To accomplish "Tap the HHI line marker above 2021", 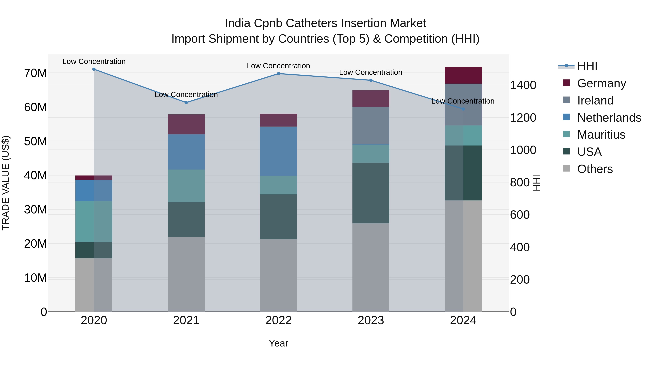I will point(186,102).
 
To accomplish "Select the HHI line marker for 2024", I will point(463,109).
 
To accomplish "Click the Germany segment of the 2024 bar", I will point(463,75).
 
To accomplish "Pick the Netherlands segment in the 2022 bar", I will point(278,151).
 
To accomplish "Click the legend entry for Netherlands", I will point(609,118).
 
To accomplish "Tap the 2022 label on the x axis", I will point(278,320).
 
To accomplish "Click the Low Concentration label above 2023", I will point(371,72).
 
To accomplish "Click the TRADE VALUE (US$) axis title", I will point(6,183).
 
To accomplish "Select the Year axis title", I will point(278,343).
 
